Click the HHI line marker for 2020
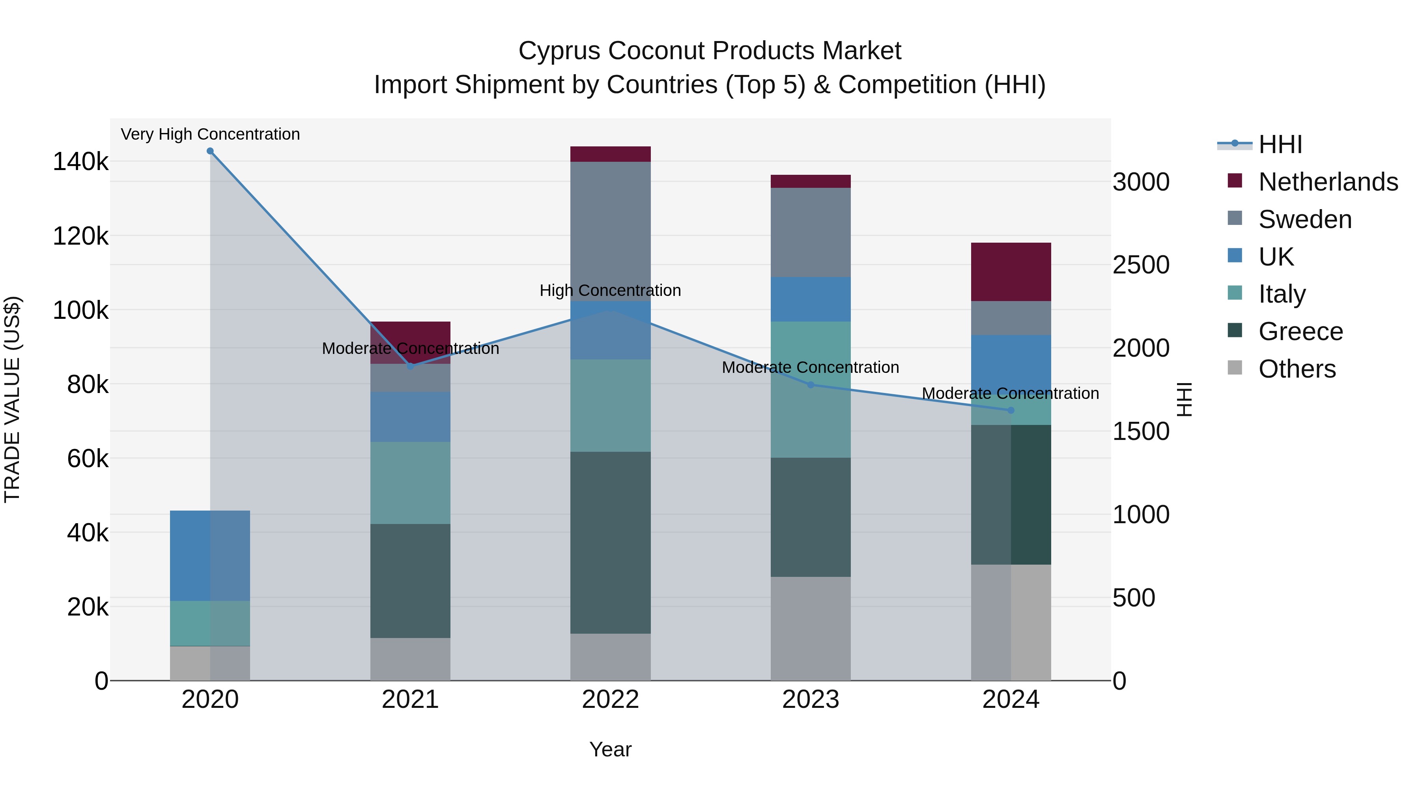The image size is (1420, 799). [210, 151]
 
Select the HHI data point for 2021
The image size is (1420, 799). [410, 366]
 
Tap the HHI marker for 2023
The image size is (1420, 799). [810, 385]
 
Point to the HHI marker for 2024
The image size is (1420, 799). [1011, 410]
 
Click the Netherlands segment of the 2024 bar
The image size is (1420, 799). [1011, 272]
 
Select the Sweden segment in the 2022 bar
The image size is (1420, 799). [610, 232]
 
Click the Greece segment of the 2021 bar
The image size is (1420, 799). [410, 581]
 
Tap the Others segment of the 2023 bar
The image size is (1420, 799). [810, 629]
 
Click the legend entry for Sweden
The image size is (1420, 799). [1305, 219]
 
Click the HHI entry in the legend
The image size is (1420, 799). [1280, 144]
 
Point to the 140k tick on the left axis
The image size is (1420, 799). [80, 162]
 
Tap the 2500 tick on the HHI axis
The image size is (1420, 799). [1140, 265]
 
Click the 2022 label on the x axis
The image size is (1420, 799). [610, 700]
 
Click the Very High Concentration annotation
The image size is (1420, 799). [210, 134]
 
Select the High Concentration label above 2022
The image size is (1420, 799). [610, 290]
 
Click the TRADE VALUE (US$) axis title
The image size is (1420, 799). [12, 399]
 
